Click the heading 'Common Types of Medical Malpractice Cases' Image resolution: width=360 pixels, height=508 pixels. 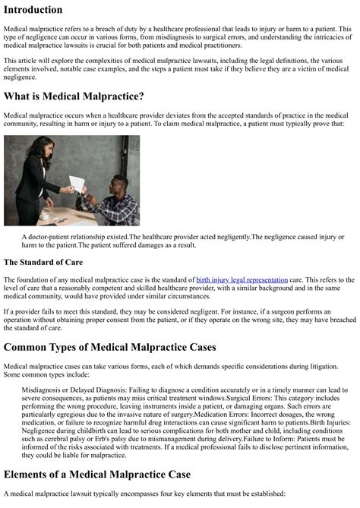click(x=110, y=347)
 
